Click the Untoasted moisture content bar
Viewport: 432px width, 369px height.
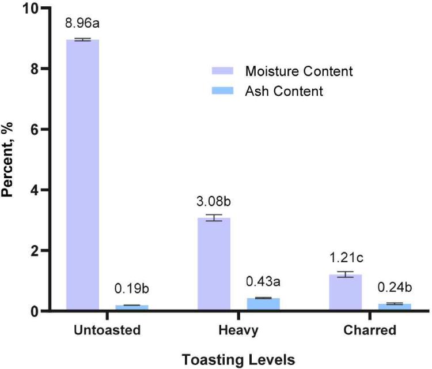(x=83, y=175)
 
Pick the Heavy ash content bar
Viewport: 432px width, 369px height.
(x=263, y=304)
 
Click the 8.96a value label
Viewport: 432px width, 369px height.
(x=83, y=25)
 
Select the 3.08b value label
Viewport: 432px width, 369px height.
(x=214, y=203)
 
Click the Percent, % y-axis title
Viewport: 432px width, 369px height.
(x=10, y=160)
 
